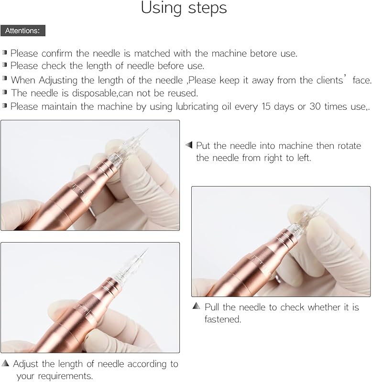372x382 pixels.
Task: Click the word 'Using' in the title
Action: pyautogui.click(x=161, y=8)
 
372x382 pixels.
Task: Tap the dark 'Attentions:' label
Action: pyautogui.click(x=22, y=31)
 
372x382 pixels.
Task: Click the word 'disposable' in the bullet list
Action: pyautogui.click(x=95, y=93)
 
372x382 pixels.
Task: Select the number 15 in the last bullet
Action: pyautogui.click(x=266, y=106)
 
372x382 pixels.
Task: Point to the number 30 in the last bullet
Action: pyautogui.click(x=315, y=106)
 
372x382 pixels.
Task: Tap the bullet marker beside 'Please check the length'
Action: pyautogui.click(x=5, y=65)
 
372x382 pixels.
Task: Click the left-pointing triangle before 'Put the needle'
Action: pyautogui.click(x=189, y=145)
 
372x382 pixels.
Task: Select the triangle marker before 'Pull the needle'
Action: pyautogui.click(x=196, y=306)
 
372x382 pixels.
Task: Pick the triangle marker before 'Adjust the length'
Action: pyautogui.click(x=5, y=363)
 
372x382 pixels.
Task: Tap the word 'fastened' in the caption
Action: pyautogui.click(x=222, y=319)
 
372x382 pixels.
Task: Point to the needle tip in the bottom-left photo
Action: pyautogui.click(x=148, y=248)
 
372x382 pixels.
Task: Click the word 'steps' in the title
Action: pyautogui.click(x=208, y=9)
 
